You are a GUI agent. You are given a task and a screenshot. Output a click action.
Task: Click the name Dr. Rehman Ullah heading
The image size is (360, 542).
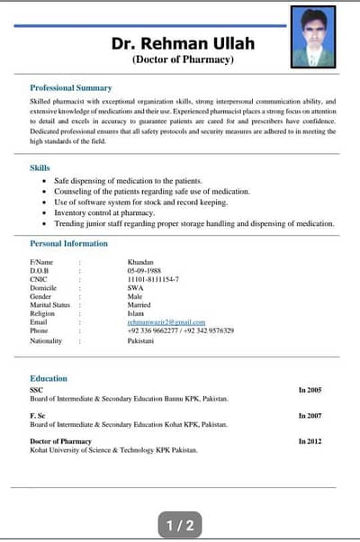(x=183, y=43)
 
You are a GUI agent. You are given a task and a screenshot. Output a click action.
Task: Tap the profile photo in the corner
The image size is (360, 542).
(x=314, y=37)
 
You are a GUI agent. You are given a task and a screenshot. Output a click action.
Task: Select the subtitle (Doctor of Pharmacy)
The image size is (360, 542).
(x=183, y=59)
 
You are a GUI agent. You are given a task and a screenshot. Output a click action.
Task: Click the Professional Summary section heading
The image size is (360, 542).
(x=71, y=88)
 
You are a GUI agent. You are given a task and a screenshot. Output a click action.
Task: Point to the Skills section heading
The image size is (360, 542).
(x=40, y=167)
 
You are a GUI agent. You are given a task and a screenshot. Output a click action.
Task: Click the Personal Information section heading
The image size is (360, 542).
(x=68, y=243)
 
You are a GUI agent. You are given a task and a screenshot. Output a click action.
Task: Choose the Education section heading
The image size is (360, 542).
(x=49, y=378)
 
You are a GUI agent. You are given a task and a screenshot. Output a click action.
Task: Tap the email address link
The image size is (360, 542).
(x=166, y=321)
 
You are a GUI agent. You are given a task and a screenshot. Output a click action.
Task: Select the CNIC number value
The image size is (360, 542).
(x=153, y=279)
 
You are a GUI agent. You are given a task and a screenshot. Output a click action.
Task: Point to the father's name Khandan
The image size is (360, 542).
(x=141, y=262)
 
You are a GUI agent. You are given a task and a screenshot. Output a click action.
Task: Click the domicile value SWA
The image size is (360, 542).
(x=136, y=287)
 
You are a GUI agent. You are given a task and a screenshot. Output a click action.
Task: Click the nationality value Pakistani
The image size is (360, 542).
(x=142, y=341)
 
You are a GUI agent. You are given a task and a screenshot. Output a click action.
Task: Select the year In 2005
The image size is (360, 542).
(x=310, y=390)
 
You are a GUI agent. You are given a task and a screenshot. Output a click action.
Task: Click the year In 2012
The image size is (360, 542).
(x=310, y=441)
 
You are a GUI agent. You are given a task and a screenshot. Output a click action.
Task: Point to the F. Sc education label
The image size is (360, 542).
(x=38, y=415)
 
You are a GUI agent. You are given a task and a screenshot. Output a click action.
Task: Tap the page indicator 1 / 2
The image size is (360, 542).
(x=180, y=524)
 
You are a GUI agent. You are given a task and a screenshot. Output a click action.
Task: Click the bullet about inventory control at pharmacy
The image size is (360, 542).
(x=104, y=212)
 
